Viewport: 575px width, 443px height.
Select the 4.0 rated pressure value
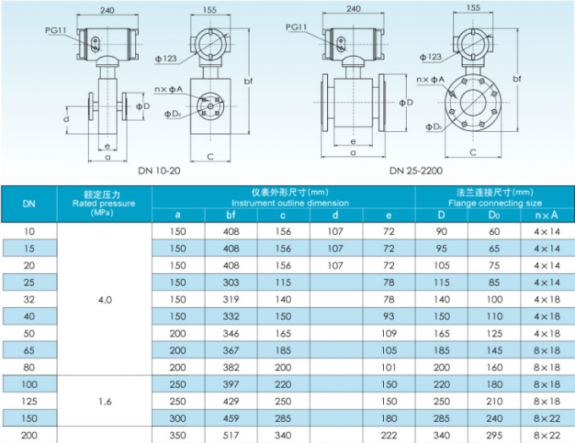coord(104,299)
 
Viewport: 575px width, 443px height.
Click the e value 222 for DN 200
coord(389,435)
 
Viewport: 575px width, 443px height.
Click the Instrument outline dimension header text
coord(284,203)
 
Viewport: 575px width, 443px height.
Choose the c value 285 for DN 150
coord(284,418)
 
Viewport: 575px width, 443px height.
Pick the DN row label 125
coord(29,400)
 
